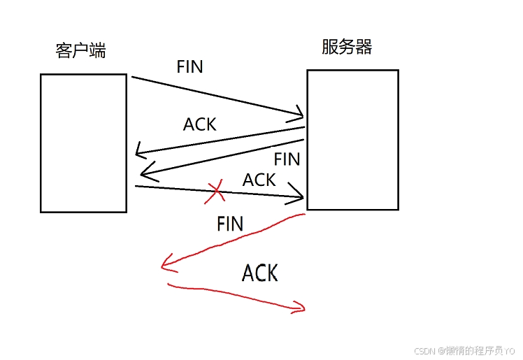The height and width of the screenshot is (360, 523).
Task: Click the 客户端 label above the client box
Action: pos(80,51)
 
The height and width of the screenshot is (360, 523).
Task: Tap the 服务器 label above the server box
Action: pos(347,47)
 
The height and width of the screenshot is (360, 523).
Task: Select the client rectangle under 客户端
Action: pos(83,143)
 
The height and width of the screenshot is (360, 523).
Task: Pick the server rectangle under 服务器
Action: pos(352,139)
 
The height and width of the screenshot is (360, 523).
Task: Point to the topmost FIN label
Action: pos(189,67)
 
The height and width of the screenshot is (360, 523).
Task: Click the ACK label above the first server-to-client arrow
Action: pos(200,124)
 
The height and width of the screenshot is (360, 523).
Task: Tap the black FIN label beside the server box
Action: pos(287,159)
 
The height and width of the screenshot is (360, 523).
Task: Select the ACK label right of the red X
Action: pos(259,180)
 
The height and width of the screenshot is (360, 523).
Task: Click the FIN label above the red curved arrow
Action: pos(230,224)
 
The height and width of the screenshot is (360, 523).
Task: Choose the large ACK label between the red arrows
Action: pos(260,273)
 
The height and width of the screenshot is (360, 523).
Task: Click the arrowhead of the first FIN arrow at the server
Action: pos(300,113)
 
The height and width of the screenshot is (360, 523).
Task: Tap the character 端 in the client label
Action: pos(97,51)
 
